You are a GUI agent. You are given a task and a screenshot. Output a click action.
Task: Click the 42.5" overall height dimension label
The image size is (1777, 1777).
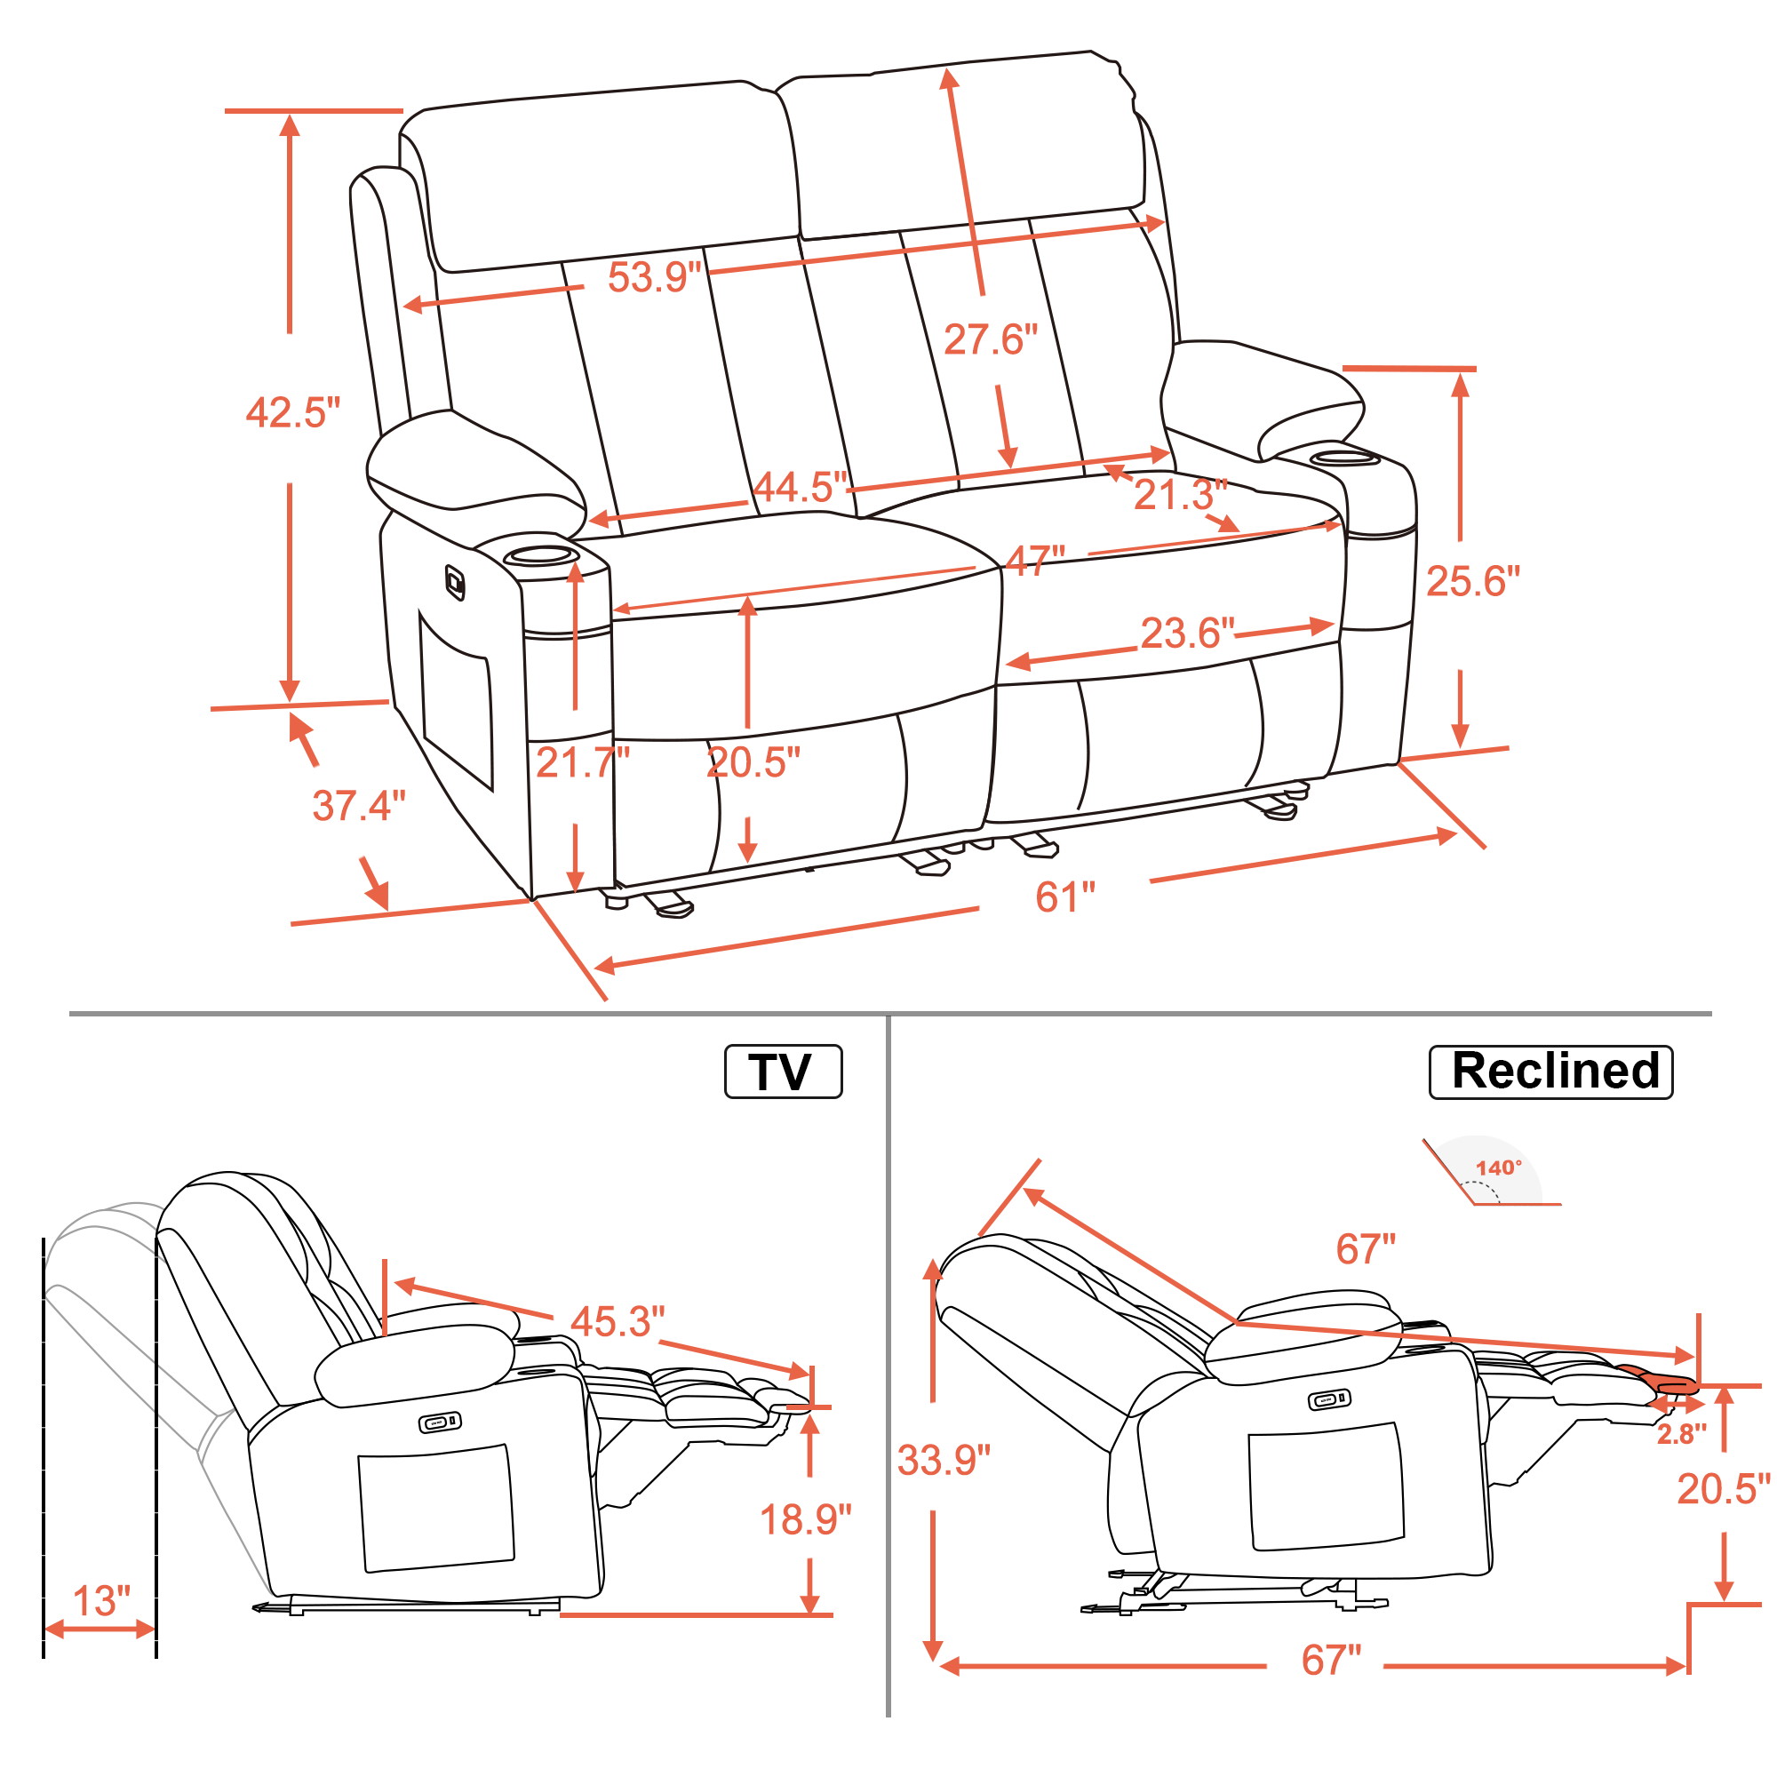(x=293, y=413)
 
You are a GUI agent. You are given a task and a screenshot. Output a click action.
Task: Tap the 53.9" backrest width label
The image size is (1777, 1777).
(x=655, y=277)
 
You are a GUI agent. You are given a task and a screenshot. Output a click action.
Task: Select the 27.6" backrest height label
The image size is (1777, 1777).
(x=991, y=339)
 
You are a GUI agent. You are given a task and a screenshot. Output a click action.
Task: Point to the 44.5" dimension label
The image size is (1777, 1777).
(x=801, y=488)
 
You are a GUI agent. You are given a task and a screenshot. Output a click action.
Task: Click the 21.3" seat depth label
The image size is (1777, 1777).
(x=1181, y=495)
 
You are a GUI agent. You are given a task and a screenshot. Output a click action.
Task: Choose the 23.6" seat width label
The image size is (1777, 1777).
(x=1187, y=633)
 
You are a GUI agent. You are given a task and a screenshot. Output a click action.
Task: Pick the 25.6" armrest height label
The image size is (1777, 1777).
(x=1473, y=581)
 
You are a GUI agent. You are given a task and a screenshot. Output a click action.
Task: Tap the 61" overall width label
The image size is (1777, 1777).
(x=1065, y=896)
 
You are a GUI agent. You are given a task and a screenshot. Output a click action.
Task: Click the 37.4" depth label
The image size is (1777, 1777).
(x=359, y=806)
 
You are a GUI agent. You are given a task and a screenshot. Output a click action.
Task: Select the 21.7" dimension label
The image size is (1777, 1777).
(x=583, y=762)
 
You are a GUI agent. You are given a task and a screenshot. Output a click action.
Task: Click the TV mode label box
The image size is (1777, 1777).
(x=783, y=1072)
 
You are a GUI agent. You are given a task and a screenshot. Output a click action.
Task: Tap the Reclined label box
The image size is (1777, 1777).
(x=1550, y=1072)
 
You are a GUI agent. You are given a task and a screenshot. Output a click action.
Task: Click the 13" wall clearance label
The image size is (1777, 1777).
(x=101, y=1601)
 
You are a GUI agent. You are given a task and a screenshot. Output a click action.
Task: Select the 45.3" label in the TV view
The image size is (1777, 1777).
(x=618, y=1322)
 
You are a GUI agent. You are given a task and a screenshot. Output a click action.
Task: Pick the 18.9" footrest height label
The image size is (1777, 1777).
(x=806, y=1519)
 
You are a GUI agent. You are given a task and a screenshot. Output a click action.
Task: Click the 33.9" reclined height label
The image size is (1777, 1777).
(x=944, y=1461)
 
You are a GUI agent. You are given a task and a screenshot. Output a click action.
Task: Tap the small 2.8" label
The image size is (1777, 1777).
(x=1681, y=1435)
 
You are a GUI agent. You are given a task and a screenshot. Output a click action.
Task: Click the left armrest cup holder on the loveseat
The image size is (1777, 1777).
(x=542, y=554)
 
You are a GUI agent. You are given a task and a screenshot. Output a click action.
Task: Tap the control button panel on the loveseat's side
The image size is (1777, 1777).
(x=455, y=582)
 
